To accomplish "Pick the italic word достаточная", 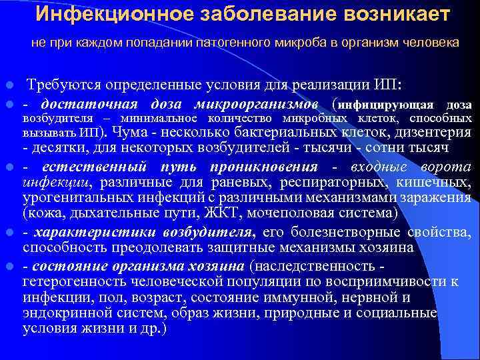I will tap(89, 104).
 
